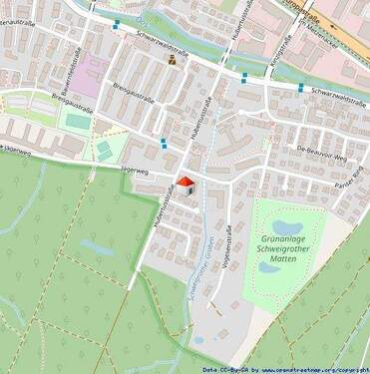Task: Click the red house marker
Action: pos(185,186)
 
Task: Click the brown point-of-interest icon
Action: pos(173,60)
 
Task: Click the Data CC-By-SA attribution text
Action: pos(222,369)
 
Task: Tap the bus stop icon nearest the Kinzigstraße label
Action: pos(243,77)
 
